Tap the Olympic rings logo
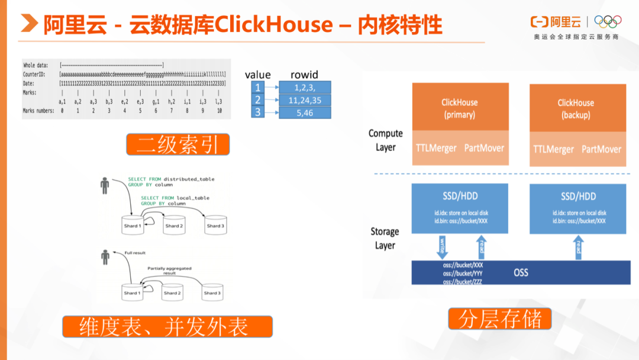tap(608, 21)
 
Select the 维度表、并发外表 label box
tap(167, 327)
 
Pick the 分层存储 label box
tap(499, 319)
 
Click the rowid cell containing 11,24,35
tap(305, 100)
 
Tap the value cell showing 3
tap(257, 112)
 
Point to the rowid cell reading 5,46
tap(305, 112)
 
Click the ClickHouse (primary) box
tap(460, 107)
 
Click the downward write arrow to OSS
tap(442, 245)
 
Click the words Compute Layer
tap(385, 140)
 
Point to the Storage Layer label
tap(385, 237)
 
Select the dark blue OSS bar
tap(521, 272)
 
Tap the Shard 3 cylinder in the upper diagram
tap(215, 224)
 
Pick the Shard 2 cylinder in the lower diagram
tap(172, 291)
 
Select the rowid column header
tap(304, 75)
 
